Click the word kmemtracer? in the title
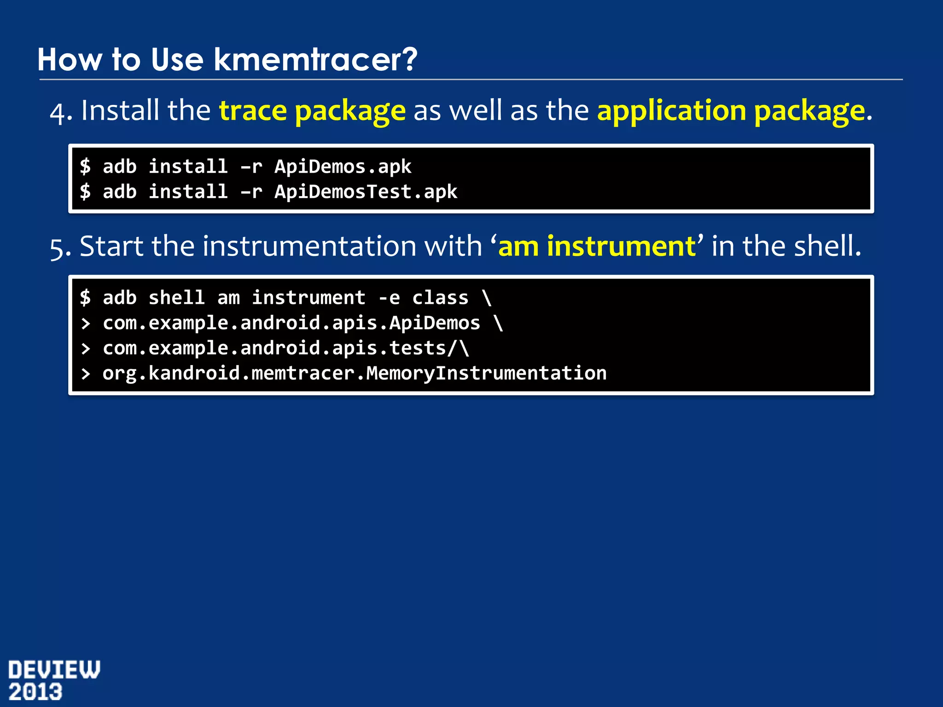[x=315, y=60]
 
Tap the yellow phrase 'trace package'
[x=312, y=111]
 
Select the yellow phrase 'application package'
[x=731, y=111]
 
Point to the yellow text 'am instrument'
[x=597, y=246]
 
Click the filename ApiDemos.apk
[x=343, y=167]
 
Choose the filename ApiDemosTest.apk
[x=366, y=192]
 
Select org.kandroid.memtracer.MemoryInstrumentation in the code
[x=355, y=373]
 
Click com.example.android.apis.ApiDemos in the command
[x=291, y=323]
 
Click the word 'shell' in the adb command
[x=176, y=298]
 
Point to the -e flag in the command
[x=389, y=298]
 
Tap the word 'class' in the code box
[x=440, y=298]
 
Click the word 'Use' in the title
[x=177, y=60]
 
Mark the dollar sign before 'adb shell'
[x=85, y=298]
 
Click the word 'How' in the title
[x=70, y=60]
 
